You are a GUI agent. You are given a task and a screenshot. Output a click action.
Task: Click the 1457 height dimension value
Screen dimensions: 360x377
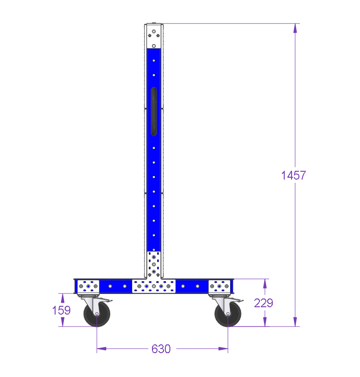[293, 175]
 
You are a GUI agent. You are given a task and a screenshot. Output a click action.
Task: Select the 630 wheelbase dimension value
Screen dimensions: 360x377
[161, 349]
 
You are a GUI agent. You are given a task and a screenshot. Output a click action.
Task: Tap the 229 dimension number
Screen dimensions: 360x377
[264, 303]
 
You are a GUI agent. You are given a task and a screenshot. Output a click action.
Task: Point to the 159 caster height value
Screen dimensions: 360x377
[62, 310]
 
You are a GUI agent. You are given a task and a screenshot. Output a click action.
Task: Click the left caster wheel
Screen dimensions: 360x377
[97, 314]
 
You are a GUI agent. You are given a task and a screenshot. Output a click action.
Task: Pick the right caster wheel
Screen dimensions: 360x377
[228, 314]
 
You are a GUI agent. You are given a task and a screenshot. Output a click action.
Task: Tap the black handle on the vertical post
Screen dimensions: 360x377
[154, 112]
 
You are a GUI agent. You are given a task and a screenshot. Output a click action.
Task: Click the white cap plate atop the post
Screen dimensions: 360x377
[154, 36]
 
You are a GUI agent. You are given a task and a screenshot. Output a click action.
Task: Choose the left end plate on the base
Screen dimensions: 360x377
[88, 286]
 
